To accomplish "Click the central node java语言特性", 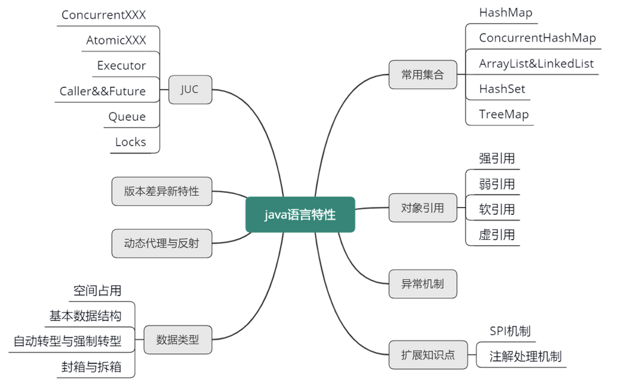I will [x=300, y=214].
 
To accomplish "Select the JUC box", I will [x=190, y=90].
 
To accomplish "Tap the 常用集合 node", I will [x=422, y=75].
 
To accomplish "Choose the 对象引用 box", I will [x=422, y=208].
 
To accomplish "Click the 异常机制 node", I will [x=422, y=283].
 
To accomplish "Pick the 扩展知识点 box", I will [x=428, y=355].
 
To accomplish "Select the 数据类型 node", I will [x=177, y=340].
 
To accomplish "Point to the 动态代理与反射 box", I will [x=162, y=244].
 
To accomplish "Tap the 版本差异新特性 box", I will [x=162, y=191].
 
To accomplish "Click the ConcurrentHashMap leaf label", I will [x=537, y=38].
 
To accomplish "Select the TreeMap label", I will [x=504, y=114].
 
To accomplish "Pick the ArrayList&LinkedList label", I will [x=536, y=63].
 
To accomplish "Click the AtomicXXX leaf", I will [x=116, y=40].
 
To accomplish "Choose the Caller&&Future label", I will [x=103, y=91].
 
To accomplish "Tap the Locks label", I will [x=131, y=142].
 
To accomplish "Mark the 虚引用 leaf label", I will [x=496, y=235].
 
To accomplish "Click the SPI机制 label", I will [x=510, y=331].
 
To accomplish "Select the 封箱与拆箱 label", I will [x=91, y=367].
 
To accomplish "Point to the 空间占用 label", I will [x=97, y=291].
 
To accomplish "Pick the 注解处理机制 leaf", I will [x=526, y=356].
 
